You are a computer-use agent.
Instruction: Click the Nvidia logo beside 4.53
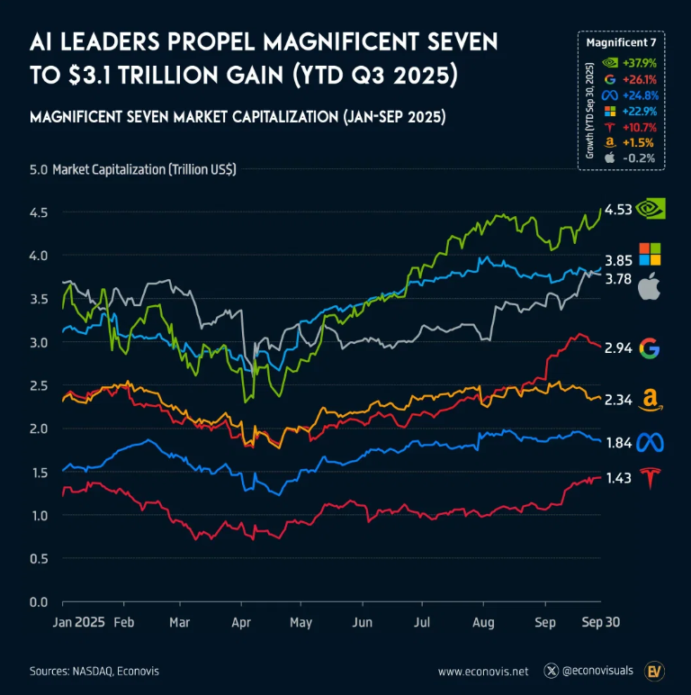click(x=651, y=209)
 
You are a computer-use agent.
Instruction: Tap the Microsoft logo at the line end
click(x=650, y=254)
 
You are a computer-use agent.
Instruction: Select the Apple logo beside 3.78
click(x=649, y=287)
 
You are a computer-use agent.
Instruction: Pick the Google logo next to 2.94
click(x=650, y=348)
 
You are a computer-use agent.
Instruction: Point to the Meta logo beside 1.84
click(x=650, y=443)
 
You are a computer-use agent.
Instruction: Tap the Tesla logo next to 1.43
click(x=650, y=479)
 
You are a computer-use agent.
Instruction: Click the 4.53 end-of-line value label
click(x=617, y=210)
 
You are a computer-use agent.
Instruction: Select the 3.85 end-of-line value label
click(x=617, y=257)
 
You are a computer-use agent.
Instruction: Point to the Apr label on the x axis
click(x=241, y=622)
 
